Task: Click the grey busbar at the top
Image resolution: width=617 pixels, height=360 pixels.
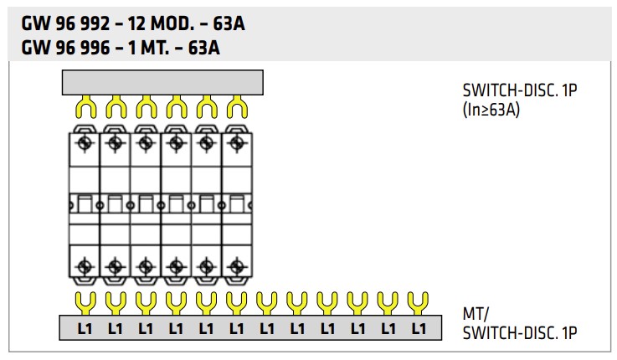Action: point(163,81)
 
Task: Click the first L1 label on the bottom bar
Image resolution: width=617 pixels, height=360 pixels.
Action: point(85,329)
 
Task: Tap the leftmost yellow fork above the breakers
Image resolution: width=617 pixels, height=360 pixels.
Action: point(85,106)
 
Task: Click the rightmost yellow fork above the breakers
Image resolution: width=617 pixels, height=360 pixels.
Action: point(238,106)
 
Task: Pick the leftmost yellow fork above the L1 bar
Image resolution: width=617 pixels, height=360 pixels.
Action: point(85,300)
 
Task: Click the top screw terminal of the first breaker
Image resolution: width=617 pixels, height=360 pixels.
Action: point(85,143)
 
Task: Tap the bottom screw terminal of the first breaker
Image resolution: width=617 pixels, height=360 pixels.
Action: point(85,266)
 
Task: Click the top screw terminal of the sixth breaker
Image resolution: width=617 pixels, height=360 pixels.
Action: point(236,143)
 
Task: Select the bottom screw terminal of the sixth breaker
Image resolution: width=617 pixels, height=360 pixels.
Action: point(236,266)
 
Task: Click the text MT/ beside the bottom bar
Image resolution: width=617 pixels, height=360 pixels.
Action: point(474,314)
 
